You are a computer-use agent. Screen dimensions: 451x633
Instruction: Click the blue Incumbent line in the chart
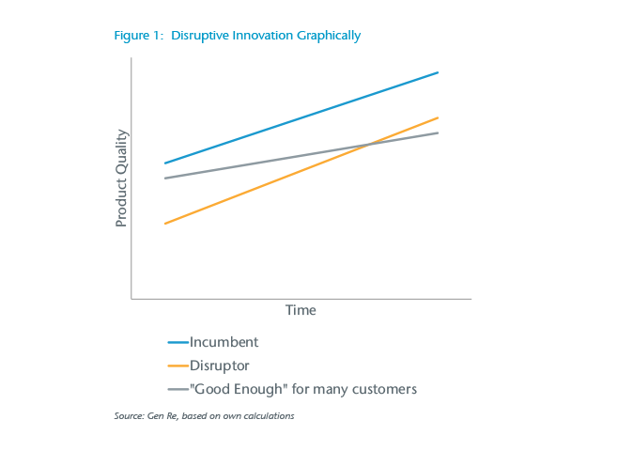pyautogui.click(x=301, y=117)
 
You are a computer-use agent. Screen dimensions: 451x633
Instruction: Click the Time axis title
pyautogui.click(x=301, y=310)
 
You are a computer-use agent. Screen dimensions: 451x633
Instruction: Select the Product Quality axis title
pyautogui.click(x=121, y=178)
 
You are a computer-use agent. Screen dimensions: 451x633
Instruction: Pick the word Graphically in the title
pyautogui.click(x=328, y=36)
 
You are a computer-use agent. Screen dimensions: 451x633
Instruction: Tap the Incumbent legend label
pyautogui.click(x=224, y=342)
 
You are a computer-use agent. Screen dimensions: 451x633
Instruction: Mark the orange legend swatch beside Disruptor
pyautogui.click(x=178, y=365)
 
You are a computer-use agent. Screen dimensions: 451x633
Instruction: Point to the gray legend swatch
pyautogui.click(x=178, y=389)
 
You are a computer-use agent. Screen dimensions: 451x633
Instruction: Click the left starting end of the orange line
pyautogui.click(x=165, y=224)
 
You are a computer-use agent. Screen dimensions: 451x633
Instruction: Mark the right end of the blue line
pyautogui.click(x=438, y=72)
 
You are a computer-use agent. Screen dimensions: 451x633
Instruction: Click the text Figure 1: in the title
pyautogui.click(x=139, y=36)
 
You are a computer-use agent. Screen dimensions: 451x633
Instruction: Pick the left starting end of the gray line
pyautogui.click(x=165, y=179)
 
